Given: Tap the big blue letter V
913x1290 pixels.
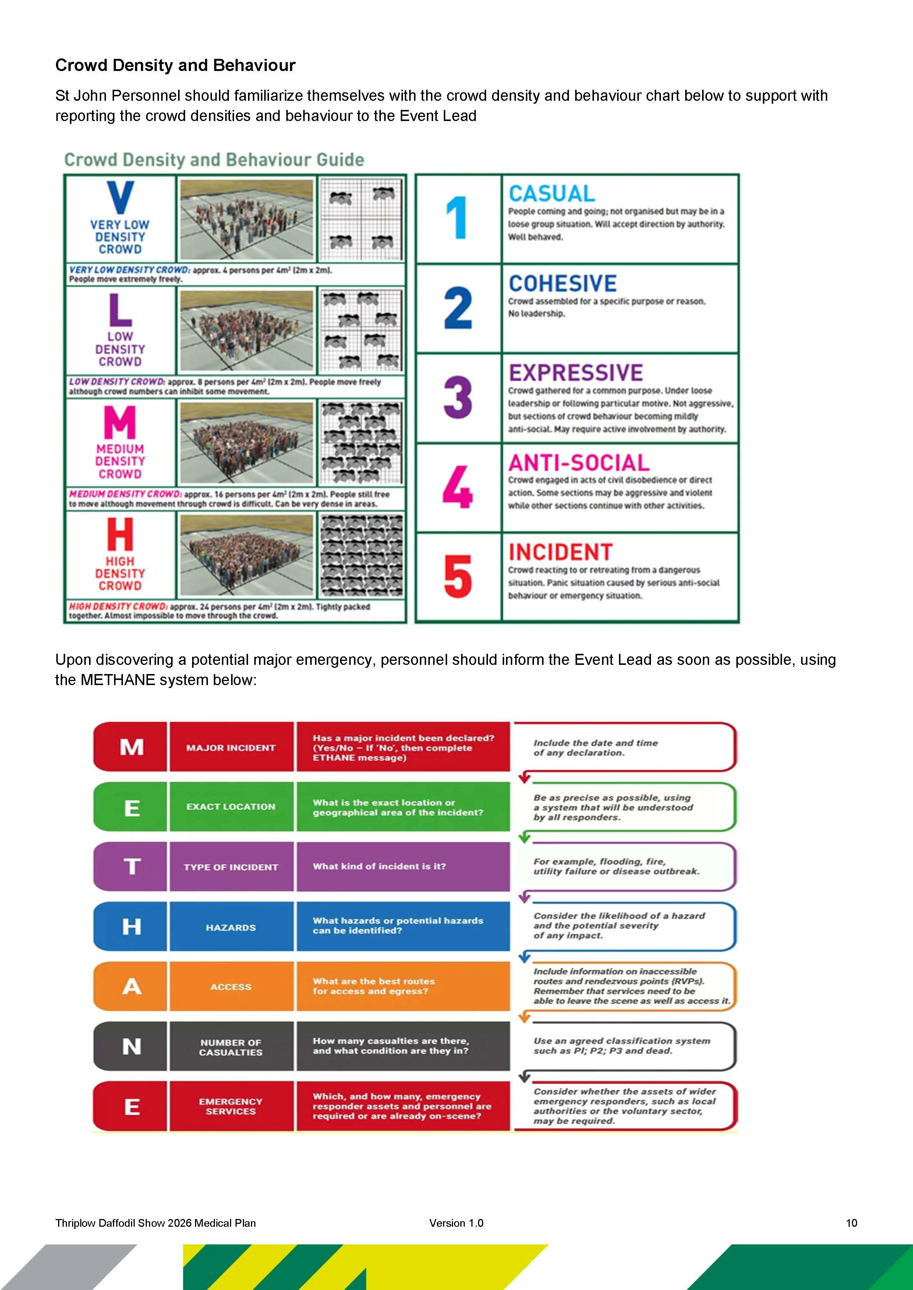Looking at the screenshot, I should (x=120, y=198).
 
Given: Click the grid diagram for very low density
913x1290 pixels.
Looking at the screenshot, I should (x=361, y=218).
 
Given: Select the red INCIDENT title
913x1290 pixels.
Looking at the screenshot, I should (x=560, y=552).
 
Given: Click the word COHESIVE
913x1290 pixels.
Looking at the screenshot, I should (x=563, y=283).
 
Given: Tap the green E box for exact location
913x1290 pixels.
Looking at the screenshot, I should (x=131, y=808).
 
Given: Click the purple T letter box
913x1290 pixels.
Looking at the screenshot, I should (x=131, y=866).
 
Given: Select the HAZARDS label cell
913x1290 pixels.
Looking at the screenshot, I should (x=231, y=927).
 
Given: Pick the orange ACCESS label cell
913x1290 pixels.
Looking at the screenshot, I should (x=231, y=987).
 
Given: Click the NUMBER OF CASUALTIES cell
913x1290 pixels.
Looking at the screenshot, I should (x=231, y=1047).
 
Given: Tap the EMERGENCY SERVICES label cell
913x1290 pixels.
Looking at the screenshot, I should (x=231, y=1106).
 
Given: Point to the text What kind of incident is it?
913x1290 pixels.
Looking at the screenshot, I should (x=379, y=866).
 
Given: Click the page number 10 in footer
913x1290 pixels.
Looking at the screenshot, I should (x=851, y=1223).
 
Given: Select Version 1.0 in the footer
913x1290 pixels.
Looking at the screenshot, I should (x=456, y=1223).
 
